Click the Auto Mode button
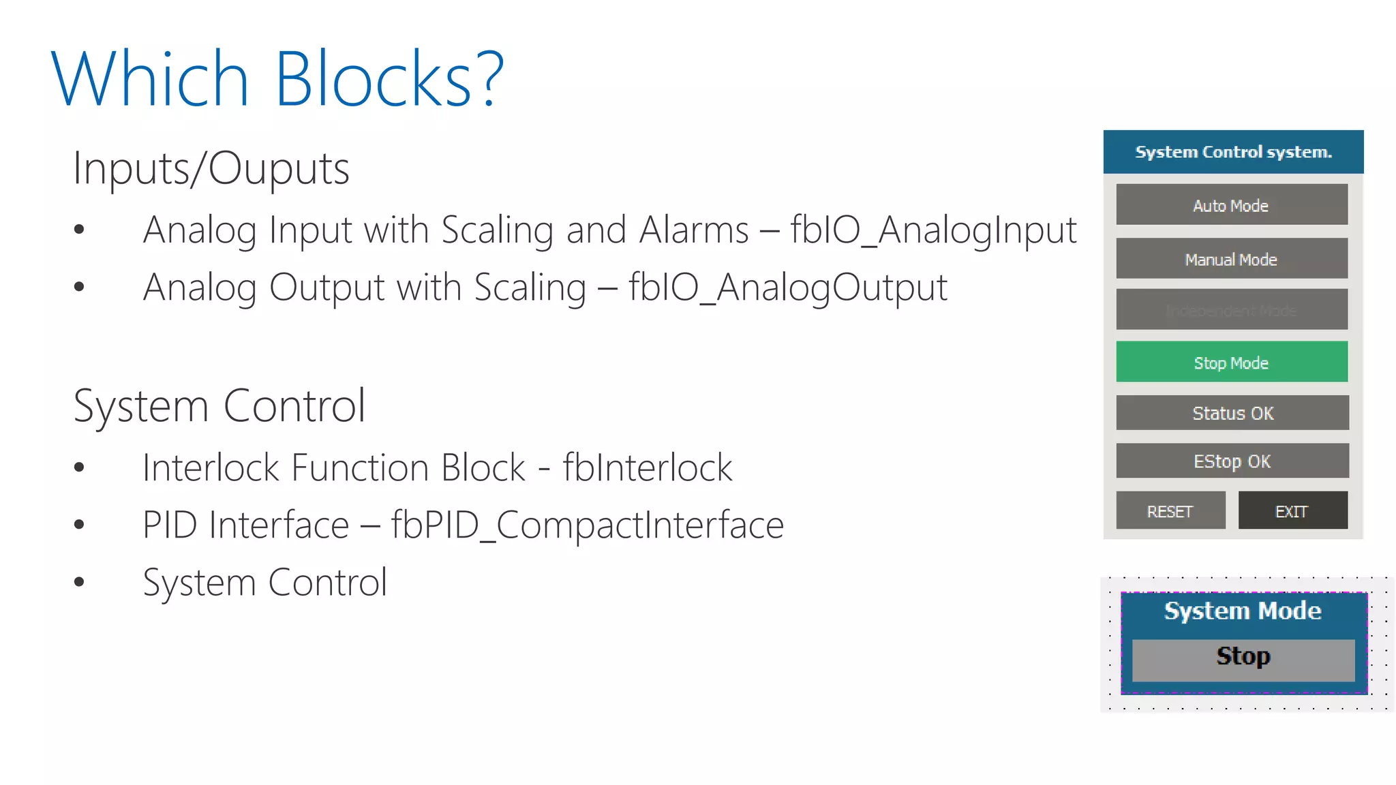(1231, 204)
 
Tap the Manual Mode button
(1231, 258)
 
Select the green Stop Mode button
(1231, 362)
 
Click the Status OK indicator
(1232, 413)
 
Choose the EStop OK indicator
(1232, 461)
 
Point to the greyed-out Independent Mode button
(1231, 310)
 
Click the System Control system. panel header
(1233, 151)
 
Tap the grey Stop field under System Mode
(1243, 658)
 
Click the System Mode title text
(1242, 611)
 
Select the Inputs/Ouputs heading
(211, 168)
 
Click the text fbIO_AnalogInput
(933, 230)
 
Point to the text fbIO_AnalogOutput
(787, 288)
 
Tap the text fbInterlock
(647, 468)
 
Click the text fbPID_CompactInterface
(587, 525)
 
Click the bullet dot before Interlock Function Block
(79, 467)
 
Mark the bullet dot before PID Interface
(79, 525)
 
